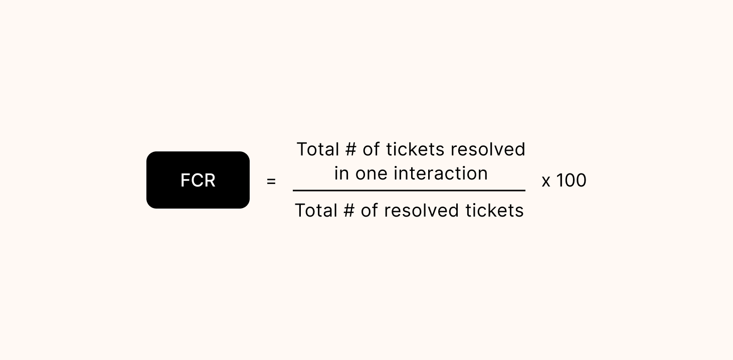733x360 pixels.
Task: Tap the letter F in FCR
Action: click(185, 181)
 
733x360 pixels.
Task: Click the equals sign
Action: click(271, 181)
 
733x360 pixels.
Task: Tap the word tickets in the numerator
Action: click(415, 149)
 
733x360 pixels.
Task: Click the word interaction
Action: click(441, 173)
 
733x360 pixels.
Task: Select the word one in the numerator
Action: click(372, 174)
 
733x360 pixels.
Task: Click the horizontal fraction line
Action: click(409, 191)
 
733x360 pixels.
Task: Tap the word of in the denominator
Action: click(369, 211)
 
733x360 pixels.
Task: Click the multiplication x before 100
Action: click(546, 181)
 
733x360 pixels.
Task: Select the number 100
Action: click(571, 181)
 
